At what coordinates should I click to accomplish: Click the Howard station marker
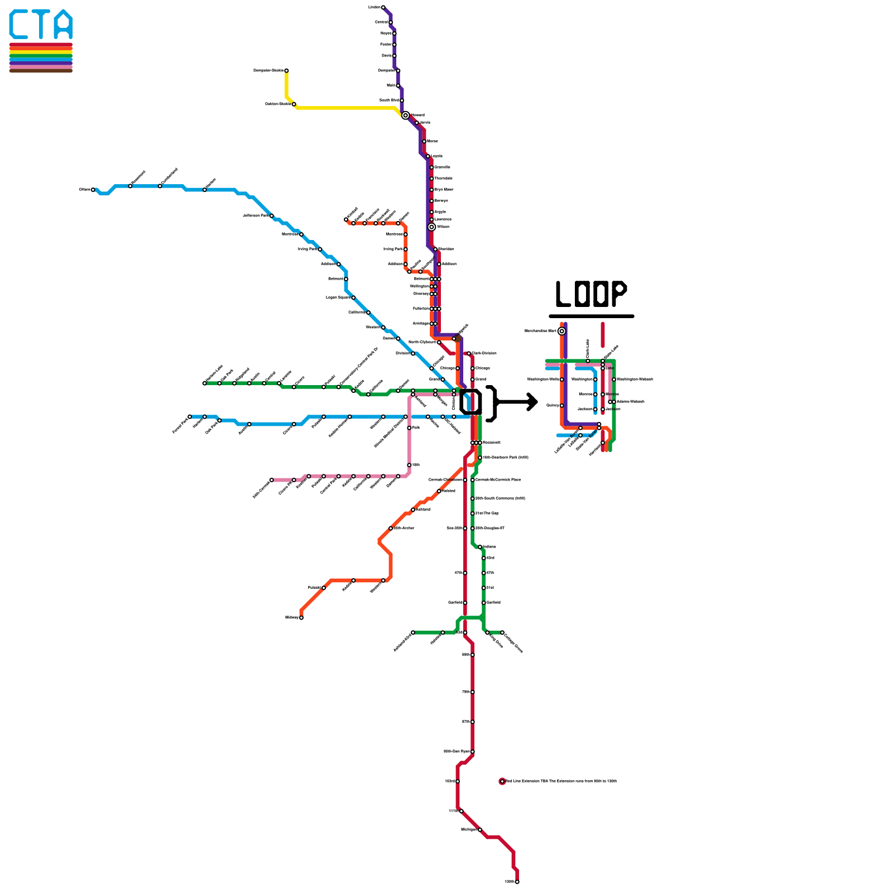(x=405, y=115)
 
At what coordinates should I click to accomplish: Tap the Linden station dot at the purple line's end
(x=383, y=7)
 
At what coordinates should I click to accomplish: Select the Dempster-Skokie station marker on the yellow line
(x=286, y=70)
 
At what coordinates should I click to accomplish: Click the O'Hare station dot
(x=93, y=190)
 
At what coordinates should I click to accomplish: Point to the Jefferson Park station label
(x=256, y=215)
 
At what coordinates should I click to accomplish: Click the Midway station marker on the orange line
(x=301, y=617)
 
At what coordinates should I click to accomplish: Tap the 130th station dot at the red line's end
(x=517, y=882)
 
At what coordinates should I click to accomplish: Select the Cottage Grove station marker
(x=502, y=632)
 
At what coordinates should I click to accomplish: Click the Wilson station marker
(x=431, y=227)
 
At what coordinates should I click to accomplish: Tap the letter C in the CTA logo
(x=19, y=25)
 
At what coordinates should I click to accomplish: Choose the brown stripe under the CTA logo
(x=41, y=71)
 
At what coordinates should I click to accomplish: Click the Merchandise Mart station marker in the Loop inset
(x=561, y=331)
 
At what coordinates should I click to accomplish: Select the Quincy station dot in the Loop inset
(x=561, y=405)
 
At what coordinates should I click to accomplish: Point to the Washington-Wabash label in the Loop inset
(x=635, y=380)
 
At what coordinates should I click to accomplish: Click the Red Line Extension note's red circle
(x=502, y=781)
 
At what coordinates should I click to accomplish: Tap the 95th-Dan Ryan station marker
(x=473, y=752)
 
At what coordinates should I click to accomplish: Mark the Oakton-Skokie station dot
(x=294, y=104)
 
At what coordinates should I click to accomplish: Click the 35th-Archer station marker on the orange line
(x=391, y=528)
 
